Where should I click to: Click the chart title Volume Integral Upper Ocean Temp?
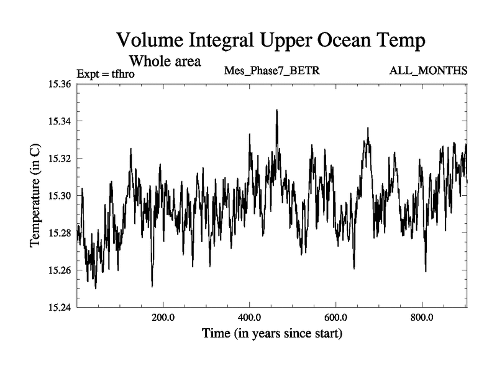coord(271,40)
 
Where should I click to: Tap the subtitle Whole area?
coord(165,61)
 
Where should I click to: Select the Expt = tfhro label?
coord(105,74)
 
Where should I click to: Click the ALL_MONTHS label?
coord(428,70)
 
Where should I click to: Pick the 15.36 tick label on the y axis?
coord(60,84)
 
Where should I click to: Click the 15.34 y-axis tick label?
coord(60,121)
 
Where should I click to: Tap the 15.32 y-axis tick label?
coord(60,159)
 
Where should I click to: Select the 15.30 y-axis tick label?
coord(60,196)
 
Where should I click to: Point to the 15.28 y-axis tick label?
coord(60,233)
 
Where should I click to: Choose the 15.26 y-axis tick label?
coord(60,270)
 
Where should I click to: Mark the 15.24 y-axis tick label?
coord(60,308)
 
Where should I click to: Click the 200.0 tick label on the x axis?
coord(163,318)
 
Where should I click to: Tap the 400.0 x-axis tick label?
coord(250,318)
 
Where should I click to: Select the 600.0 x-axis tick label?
coord(336,318)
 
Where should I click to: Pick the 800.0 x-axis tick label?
coord(422,318)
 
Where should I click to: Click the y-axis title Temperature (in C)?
coord(35,196)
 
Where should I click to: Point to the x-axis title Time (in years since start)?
coord(271,334)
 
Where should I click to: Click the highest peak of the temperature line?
coord(276,110)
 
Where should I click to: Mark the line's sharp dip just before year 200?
coord(152,286)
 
